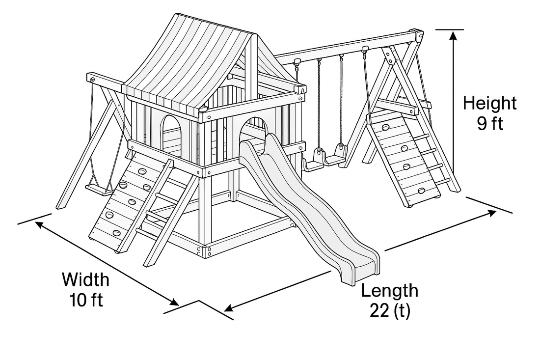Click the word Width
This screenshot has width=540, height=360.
[x=85, y=280]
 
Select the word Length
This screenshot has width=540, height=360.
[x=390, y=290]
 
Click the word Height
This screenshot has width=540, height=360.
[x=489, y=104]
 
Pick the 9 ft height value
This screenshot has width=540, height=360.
[x=489, y=123]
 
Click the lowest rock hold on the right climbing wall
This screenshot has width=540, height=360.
[x=421, y=191]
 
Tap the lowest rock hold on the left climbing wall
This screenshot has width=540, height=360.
[x=116, y=233]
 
